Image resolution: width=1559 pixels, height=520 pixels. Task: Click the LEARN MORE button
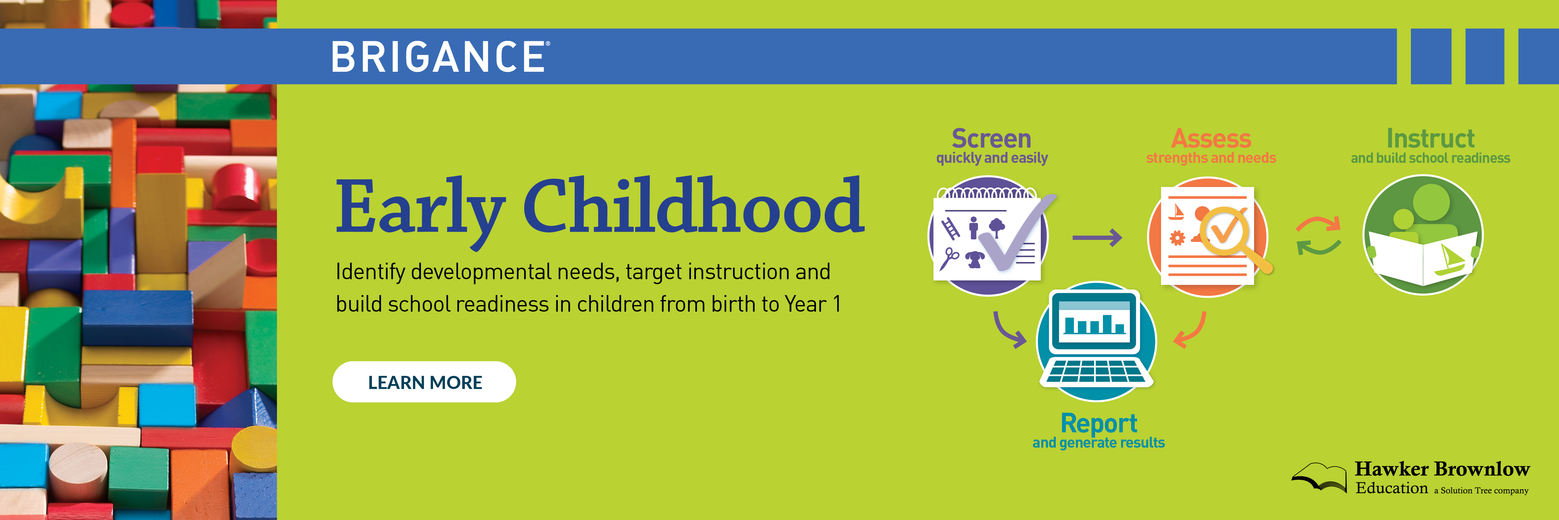[424, 382]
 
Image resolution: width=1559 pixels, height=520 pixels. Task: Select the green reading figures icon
[1423, 235]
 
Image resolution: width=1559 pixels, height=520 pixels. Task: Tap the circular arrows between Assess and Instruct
[1318, 236]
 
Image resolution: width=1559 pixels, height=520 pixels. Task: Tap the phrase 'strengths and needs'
[1211, 158]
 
